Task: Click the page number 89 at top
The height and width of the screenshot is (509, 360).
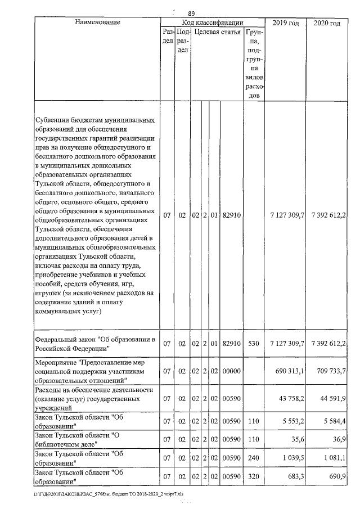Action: pyautogui.click(x=191, y=13)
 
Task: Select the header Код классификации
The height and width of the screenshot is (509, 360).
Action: pyautogui.click(x=212, y=22)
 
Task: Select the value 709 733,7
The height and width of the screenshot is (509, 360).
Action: pyautogui.click(x=329, y=372)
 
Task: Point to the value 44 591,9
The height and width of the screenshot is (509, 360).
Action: pyautogui.click(x=332, y=399)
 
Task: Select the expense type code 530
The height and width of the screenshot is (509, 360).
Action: pyautogui.click(x=253, y=343)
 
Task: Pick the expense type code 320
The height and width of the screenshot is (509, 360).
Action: pyautogui.click(x=253, y=477)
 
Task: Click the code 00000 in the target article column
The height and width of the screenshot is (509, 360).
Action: pyautogui.click(x=232, y=372)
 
